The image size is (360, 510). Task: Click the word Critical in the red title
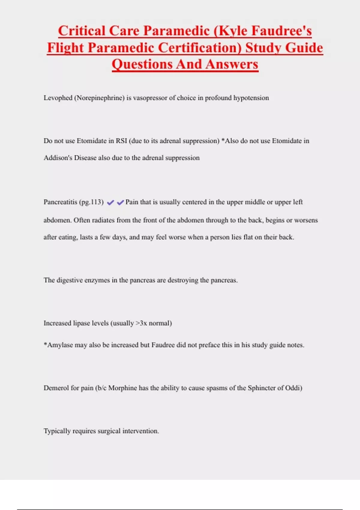tap(82, 31)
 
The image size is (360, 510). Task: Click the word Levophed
tap(58, 98)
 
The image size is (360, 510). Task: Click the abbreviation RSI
tap(121, 141)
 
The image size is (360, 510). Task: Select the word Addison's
tap(58, 158)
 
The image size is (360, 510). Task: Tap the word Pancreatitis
tap(60, 202)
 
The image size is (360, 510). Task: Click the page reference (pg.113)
tap(91, 202)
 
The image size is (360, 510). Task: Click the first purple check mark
tap(110, 202)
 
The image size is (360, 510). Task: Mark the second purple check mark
tap(120, 202)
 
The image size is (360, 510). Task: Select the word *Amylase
tap(58, 345)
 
